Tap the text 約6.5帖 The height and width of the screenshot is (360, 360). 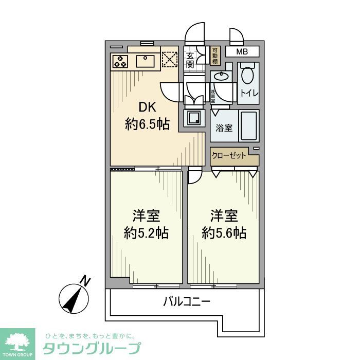coord(147,124)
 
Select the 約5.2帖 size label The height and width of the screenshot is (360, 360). coord(147,233)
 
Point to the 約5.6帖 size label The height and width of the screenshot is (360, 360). coord(224,233)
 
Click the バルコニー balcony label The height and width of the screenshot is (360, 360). coord(186,302)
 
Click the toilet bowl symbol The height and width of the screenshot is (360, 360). coord(247,76)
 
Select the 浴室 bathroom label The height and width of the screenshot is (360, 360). coord(224,127)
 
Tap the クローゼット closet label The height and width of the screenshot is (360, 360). coord(229,156)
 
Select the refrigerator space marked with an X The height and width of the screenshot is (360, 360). coord(169,59)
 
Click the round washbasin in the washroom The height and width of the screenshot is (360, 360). coord(222,78)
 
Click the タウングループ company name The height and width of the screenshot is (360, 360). coord(92,348)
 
